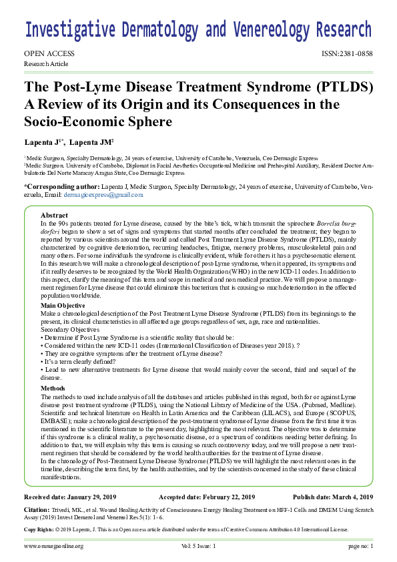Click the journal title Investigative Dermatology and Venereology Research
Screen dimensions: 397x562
tap(198, 30)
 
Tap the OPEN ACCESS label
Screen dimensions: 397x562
tap(49, 53)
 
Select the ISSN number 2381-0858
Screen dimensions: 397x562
tap(346, 53)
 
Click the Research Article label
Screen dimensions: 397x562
tap(46, 63)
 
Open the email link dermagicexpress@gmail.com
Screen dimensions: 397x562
tap(103, 194)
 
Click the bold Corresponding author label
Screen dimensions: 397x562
tap(61, 186)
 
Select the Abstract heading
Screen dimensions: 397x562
tap(54, 216)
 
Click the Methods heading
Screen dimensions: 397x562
tap(53, 387)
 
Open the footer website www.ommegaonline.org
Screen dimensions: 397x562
tap(54, 546)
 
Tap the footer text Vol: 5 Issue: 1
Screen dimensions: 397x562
tap(198, 546)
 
